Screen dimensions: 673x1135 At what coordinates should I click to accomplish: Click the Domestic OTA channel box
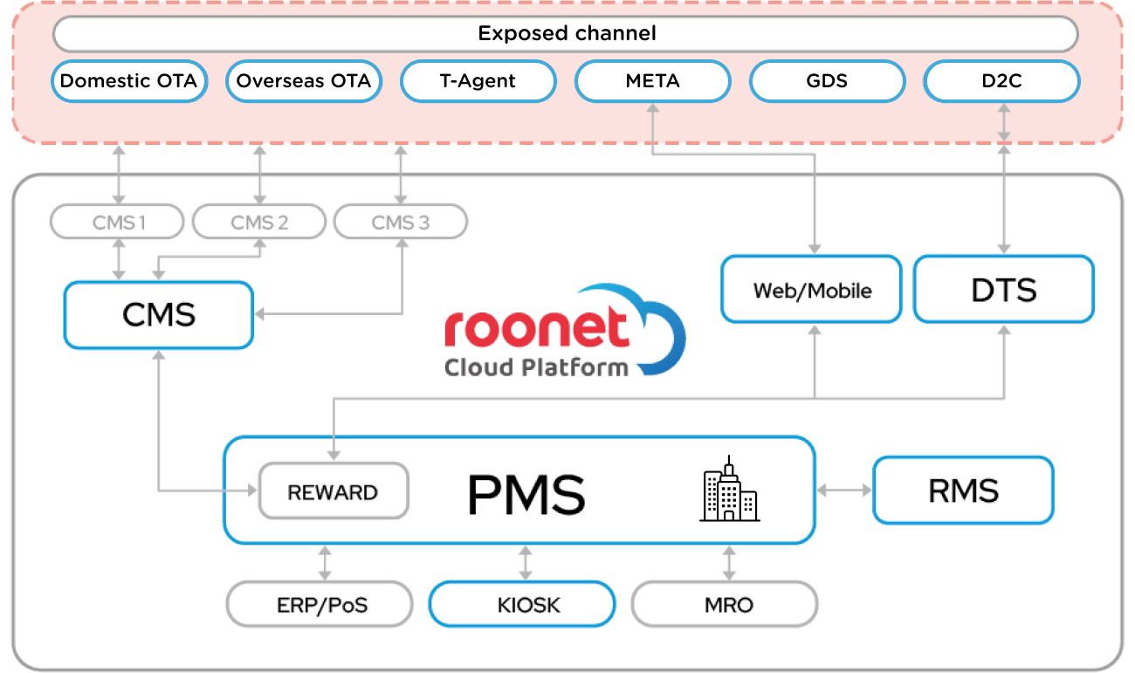[129, 81]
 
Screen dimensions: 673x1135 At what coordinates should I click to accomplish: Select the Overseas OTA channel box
[304, 81]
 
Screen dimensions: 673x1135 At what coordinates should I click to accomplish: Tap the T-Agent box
[478, 81]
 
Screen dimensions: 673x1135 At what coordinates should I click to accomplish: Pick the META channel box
[652, 81]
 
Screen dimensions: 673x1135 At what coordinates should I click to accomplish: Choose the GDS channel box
[827, 81]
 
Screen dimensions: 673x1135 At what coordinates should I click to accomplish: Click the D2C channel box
[1001, 81]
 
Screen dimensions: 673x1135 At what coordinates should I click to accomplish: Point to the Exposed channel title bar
[566, 34]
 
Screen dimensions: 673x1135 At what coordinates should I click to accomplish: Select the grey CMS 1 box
[117, 222]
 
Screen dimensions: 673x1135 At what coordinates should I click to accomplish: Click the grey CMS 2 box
[258, 222]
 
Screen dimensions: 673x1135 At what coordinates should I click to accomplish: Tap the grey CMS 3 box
[400, 222]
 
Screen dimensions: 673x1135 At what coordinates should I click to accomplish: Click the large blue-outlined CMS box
[158, 314]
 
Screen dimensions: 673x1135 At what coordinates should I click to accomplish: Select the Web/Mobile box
[811, 289]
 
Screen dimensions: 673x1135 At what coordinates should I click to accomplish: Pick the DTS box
[1003, 289]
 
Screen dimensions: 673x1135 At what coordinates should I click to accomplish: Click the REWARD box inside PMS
[333, 492]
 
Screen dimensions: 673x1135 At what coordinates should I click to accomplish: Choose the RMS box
[963, 491]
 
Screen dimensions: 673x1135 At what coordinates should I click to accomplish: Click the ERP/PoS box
[320, 604]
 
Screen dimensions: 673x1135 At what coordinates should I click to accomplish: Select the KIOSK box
[522, 604]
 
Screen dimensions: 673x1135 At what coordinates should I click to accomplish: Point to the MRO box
[725, 604]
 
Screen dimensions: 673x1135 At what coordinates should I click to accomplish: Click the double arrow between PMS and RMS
[844, 491]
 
